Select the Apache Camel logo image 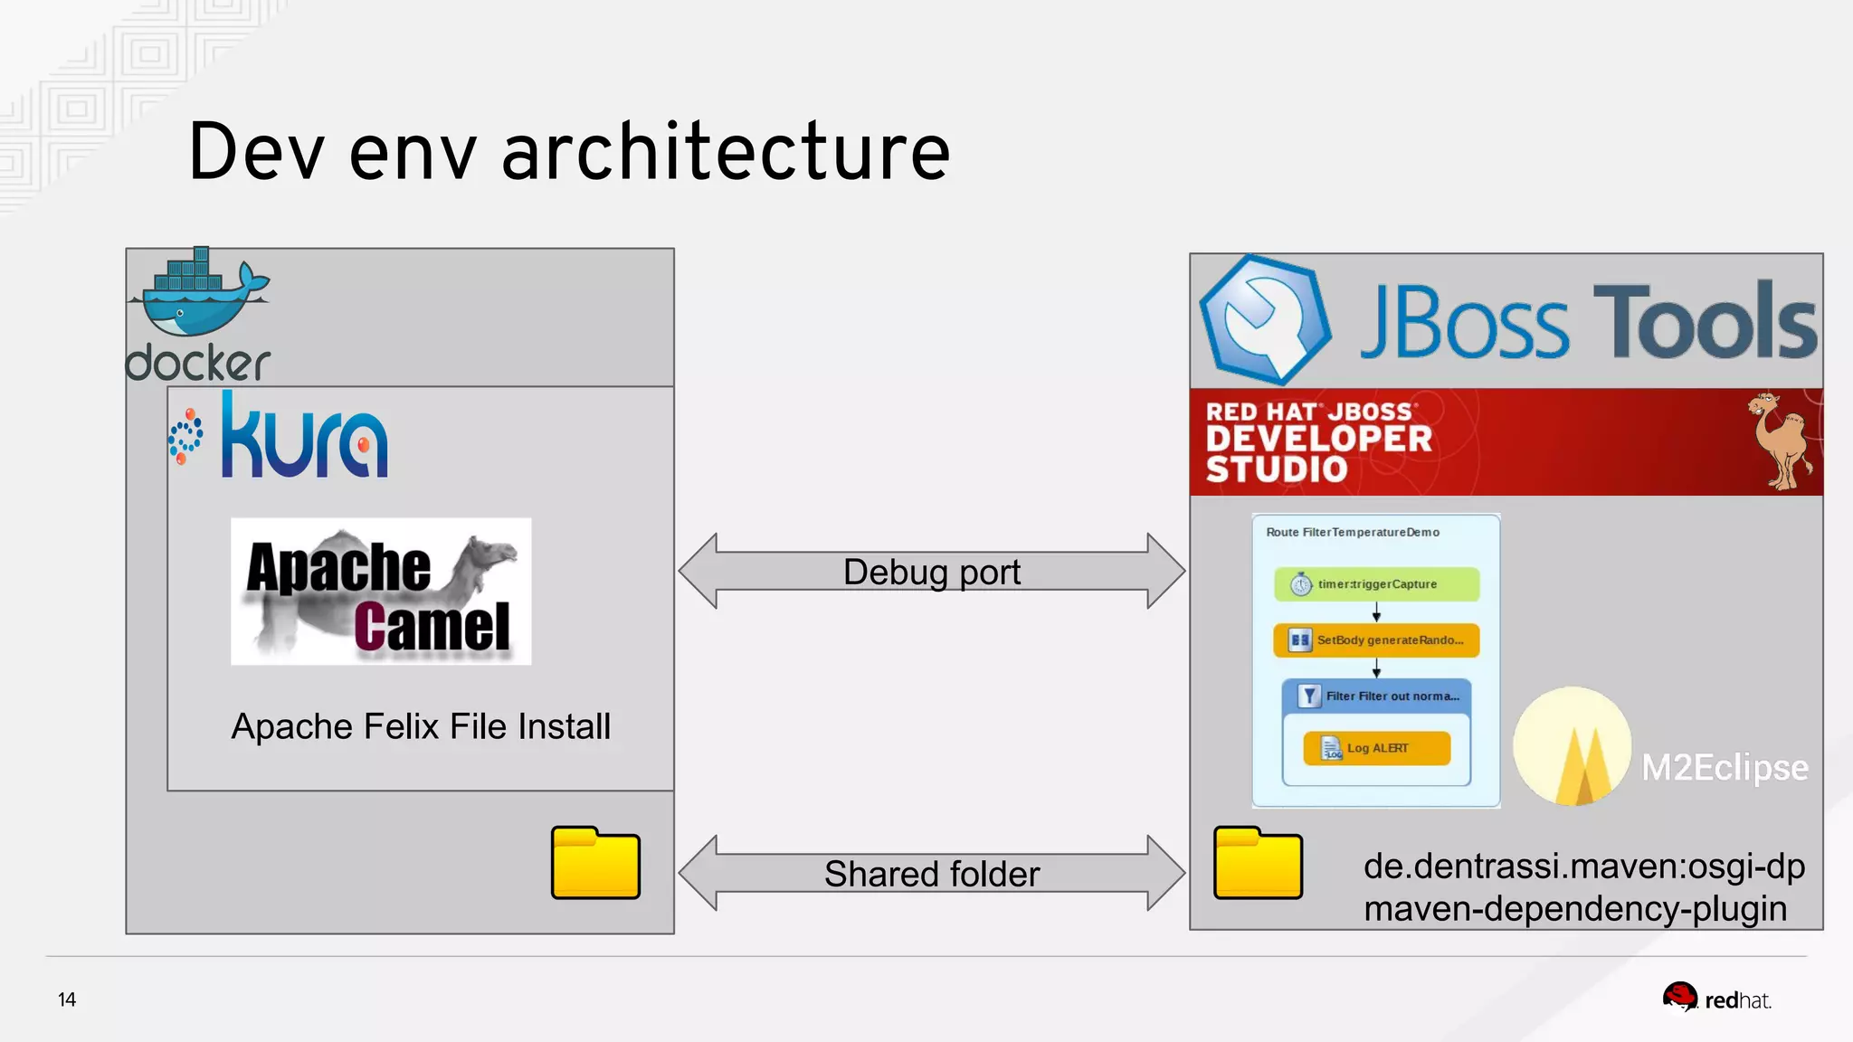[381, 592]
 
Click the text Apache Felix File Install [421, 726]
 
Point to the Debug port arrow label [931, 572]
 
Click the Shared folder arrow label [931, 874]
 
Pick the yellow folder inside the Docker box [595, 863]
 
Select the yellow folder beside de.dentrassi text [1258, 863]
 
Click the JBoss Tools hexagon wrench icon [1265, 319]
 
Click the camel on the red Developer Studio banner [1780, 440]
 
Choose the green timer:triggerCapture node [1376, 584]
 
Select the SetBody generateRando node [1376, 640]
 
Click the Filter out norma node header [1376, 696]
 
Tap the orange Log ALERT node [1376, 748]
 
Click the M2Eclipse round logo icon [1573, 746]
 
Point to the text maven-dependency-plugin [1575, 908]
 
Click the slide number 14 [67, 999]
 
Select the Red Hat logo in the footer [1715, 999]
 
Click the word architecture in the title [726, 151]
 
